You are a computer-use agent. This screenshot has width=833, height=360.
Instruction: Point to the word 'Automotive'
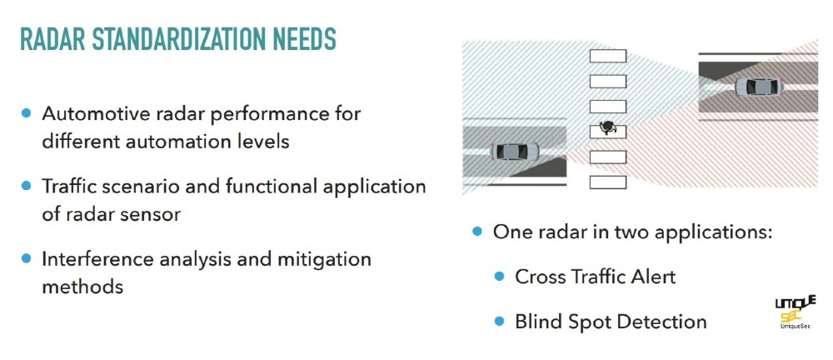[x=92, y=113]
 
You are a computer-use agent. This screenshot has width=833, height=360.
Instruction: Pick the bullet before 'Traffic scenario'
[x=26, y=186]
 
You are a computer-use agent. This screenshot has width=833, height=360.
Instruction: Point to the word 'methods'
[x=82, y=287]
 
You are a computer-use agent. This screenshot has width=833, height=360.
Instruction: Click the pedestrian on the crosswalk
[x=606, y=127]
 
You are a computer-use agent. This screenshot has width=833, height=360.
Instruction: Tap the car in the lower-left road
[x=514, y=152]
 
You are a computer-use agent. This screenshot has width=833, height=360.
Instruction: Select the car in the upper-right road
[x=759, y=86]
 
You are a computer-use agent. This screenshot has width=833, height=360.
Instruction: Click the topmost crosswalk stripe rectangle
[x=608, y=56]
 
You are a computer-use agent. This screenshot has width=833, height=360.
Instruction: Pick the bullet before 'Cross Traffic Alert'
[x=499, y=277]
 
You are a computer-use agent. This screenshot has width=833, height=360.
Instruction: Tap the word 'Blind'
[x=537, y=322]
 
